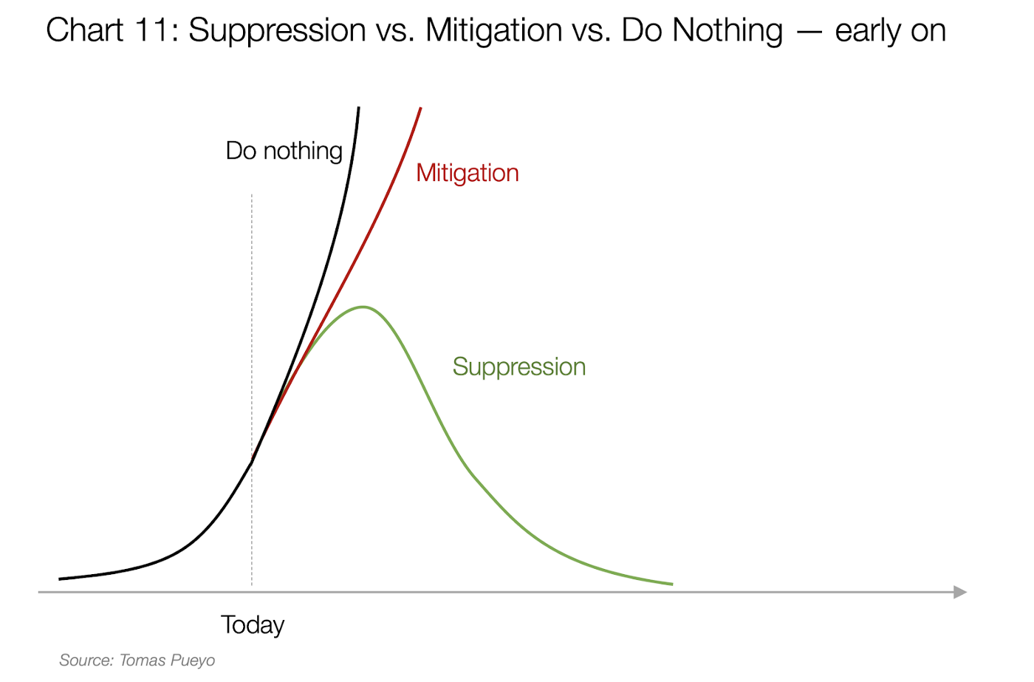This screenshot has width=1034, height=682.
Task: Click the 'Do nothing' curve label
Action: [284, 151]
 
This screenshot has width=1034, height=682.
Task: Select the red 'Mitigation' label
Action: [467, 174]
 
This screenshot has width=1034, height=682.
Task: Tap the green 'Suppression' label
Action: [518, 368]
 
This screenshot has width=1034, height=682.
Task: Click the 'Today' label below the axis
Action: [252, 626]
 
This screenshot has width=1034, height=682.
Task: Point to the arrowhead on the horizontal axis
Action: [960, 592]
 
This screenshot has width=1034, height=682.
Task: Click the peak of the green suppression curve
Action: [363, 307]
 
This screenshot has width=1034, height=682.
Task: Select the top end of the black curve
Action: [359, 108]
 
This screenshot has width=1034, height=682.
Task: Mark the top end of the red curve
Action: [420, 108]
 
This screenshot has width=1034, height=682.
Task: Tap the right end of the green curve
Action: [672, 584]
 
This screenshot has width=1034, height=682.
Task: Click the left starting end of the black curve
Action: [60, 579]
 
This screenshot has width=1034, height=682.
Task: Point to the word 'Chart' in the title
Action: [84, 30]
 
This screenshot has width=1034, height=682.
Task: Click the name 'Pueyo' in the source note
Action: [192, 661]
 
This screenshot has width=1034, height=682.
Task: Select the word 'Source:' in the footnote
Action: [86, 661]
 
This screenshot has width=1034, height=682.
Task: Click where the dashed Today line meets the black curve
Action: [252, 461]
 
